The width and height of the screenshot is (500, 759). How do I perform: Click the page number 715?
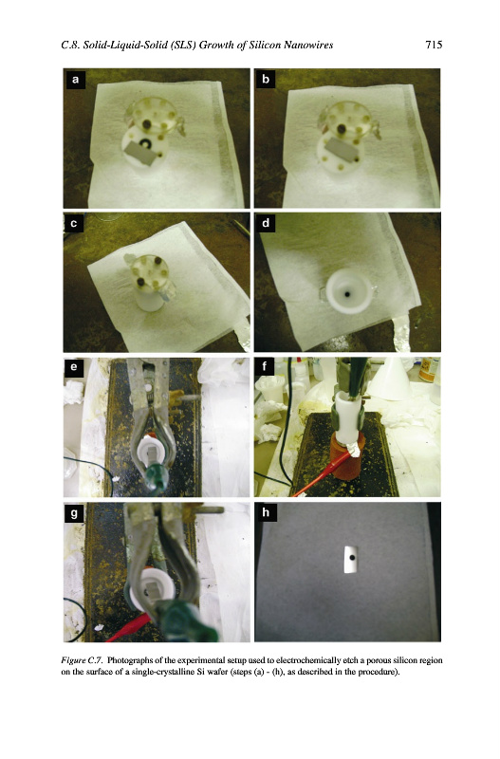[x=434, y=45]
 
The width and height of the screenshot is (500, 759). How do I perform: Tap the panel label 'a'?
[x=75, y=80]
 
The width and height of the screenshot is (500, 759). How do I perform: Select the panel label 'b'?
[x=266, y=80]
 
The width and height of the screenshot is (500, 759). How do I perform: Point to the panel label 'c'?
[x=74, y=224]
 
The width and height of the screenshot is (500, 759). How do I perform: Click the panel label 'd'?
[x=266, y=224]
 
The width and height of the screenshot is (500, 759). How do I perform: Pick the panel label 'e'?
[x=74, y=367]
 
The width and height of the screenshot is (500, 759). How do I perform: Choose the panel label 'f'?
[x=265, y=367]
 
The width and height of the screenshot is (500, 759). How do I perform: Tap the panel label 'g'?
[x=74, y=512]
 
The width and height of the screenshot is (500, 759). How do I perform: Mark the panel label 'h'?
[x=266, y=512]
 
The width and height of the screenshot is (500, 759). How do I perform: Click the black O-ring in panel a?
[x=145, y=143]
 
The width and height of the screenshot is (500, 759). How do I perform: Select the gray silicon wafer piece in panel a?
[x=141, y=155]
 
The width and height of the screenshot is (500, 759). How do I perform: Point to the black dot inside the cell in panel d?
[x=347, y=294]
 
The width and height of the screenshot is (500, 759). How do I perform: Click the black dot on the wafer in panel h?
[x=352, y=558]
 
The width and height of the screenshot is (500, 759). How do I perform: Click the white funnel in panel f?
[x=390, y=379]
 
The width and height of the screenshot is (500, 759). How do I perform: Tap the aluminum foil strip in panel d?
[x=401, y=334]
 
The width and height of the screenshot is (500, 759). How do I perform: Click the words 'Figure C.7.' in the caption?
[x=82, y=660]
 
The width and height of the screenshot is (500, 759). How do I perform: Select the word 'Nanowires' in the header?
[x=308, y=45]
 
